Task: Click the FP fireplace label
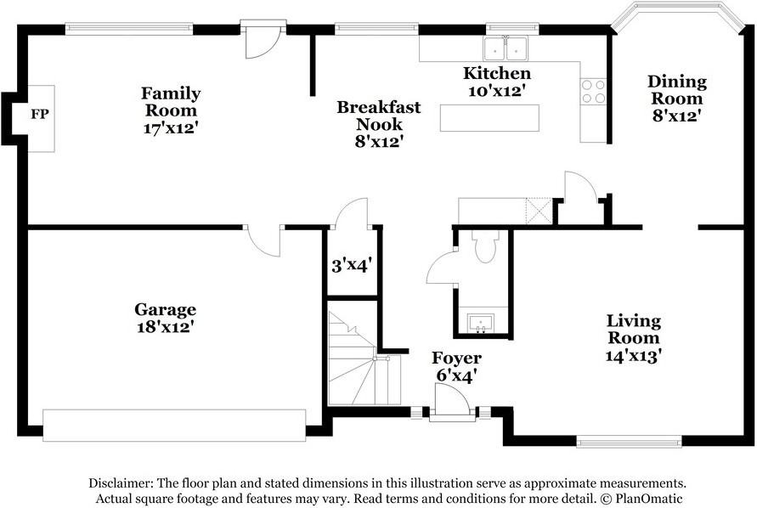click(x=40, y=115)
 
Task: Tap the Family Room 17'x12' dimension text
click(x=171, y=128)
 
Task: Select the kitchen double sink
click(x=505, y=48)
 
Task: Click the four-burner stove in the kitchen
click(x=593, y=92)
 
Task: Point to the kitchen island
click(x=489, y=118)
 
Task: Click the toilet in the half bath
click(x=485, y=246)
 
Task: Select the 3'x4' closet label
click(x=351, y=265)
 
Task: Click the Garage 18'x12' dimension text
click(x=166, y=326)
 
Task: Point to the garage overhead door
click(x=174, y=426)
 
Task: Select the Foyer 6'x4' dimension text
click(x=457, y=375)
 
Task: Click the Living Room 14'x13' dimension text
click(x=634, y=356)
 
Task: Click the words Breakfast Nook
click(x=379, y=116)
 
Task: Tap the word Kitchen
click(x=497, y=73)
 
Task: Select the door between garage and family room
click(x=263, y=240)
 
